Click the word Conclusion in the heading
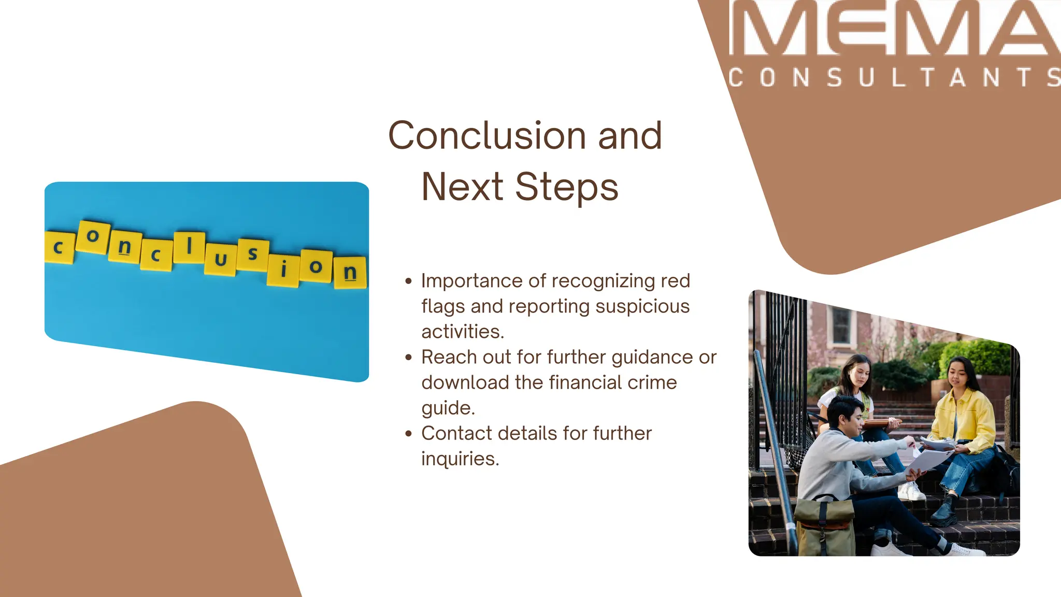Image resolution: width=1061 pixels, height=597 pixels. click(488, 136)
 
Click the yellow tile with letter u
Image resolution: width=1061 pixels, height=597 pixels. click(221, 259)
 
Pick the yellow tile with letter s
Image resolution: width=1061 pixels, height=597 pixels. click(253, 254)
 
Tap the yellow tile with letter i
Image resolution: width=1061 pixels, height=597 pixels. click(283, 269)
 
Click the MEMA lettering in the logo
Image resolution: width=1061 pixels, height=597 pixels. click(894, 29)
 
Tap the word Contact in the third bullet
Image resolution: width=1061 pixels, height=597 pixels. click(456, 433)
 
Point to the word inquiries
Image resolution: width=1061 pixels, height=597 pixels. click(460, 459)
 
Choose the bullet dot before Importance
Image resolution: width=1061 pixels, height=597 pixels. click(409, 281)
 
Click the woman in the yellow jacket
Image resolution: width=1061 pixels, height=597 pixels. click(964, 415)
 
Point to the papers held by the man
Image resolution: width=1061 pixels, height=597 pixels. click(930, 459)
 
